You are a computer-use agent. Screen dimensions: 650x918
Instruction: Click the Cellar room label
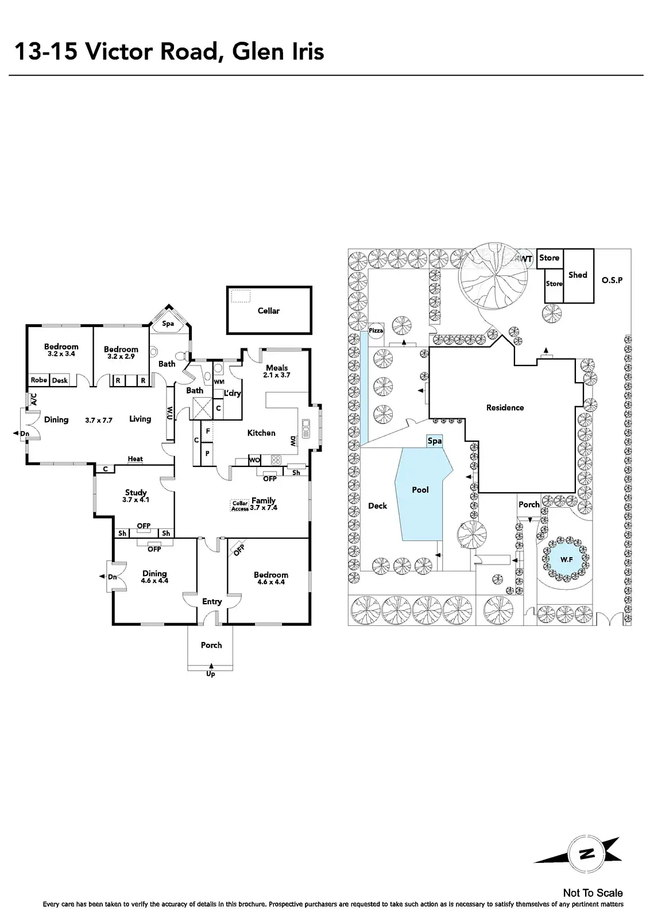[269, 310]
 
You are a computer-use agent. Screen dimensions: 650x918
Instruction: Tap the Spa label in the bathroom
[168, 324]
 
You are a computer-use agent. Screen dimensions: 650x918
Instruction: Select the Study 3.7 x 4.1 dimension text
[136, 500]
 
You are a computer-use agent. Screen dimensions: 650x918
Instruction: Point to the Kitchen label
[261, 433]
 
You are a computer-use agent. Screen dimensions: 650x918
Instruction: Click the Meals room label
[277, 368]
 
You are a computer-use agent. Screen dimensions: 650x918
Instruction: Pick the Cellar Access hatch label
[240, 505]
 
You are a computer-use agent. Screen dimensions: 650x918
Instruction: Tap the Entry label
[212, 602]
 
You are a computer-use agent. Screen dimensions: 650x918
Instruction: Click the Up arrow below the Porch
[211, 666]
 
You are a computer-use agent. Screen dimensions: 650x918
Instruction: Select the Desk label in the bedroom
[60, 380]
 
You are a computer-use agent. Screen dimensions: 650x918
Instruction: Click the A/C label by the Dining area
[34, 399]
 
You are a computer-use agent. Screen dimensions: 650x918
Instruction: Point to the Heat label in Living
[136, 459]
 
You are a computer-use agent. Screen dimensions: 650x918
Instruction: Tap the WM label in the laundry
[219, 382]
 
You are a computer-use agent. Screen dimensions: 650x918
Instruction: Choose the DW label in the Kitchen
[293, 441]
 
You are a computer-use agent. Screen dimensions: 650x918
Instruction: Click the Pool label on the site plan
[420, 490]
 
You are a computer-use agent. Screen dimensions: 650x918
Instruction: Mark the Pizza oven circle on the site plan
[376, 330]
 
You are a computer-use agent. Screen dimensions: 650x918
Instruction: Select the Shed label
[578, 275]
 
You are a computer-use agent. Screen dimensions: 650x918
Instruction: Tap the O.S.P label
[612, 281]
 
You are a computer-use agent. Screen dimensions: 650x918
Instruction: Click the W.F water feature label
[566, 559]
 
